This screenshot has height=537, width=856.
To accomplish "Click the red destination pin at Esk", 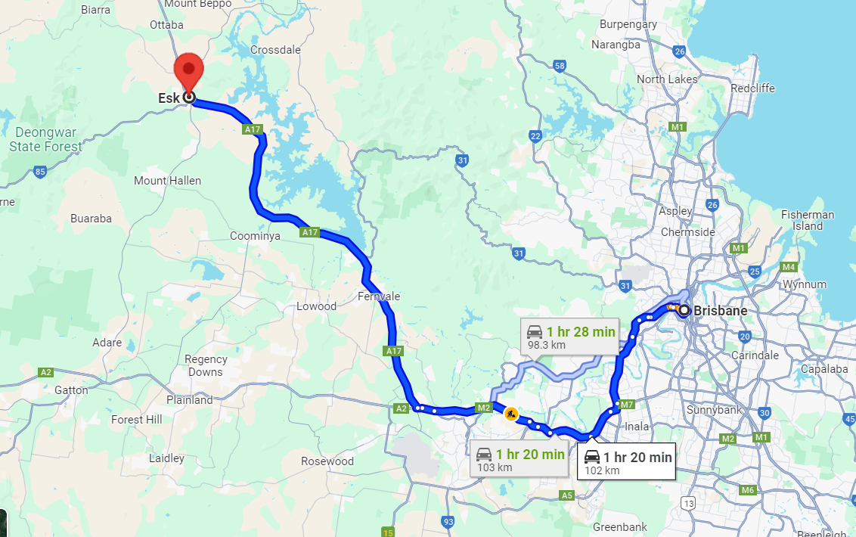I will (188, 72).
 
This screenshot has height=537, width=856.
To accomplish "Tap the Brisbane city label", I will (720, 311).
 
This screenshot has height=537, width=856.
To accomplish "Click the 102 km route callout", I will (626, 462).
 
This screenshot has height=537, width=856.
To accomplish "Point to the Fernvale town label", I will (379, 296).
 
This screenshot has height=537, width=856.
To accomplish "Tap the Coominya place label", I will (255, 236).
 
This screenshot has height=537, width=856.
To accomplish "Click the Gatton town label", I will (71, 390).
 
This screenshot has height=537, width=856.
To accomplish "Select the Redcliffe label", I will (753, 88).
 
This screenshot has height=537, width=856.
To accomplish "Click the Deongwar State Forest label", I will (45, 140).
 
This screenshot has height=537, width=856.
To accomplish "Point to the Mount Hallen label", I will (167, 181).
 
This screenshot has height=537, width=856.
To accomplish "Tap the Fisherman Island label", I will (808, 220).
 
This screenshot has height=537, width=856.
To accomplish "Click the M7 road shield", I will (625, 405).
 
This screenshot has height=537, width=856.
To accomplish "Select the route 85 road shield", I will (41, 172).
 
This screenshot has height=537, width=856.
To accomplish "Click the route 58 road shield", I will (560, 66).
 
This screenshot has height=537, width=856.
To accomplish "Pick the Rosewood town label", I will (327, 461).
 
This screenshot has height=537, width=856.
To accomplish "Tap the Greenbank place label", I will (619, 526).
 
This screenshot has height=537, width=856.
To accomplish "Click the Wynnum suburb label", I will (805, 284).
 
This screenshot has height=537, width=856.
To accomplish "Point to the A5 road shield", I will (566, 495).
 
